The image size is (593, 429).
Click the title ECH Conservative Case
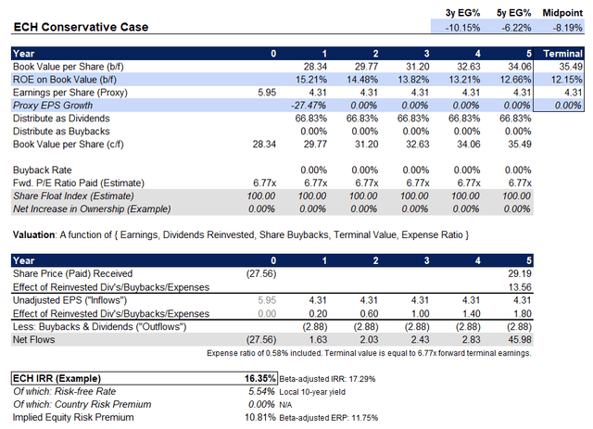81,27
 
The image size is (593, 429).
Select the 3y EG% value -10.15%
462,28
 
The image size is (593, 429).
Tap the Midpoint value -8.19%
567,28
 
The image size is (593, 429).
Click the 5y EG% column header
513,13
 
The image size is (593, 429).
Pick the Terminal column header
562,54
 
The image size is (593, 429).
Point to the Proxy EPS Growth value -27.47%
308,106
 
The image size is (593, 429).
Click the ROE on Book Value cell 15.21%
311,80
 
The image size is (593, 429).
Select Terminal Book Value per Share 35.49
571,67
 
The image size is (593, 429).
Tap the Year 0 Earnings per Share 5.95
267,93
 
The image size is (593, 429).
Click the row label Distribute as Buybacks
61,132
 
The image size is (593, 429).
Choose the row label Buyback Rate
42,170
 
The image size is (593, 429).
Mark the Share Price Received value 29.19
520,274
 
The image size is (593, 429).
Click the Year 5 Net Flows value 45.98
520,340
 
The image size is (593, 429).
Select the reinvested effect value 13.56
520,287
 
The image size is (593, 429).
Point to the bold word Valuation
33,235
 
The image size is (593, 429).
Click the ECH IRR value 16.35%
259,379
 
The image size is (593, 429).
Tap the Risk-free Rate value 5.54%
261,392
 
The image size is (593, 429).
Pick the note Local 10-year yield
312,392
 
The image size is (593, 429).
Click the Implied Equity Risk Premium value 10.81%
260,418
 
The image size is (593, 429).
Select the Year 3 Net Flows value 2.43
420,340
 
